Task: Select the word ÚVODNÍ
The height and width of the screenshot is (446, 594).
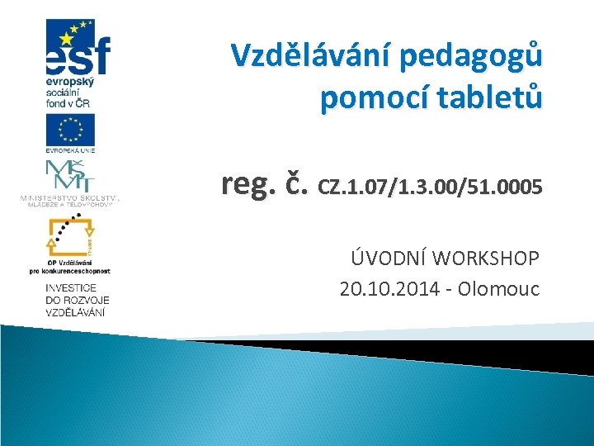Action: click(385, 259)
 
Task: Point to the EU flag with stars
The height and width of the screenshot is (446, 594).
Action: click(70, 130)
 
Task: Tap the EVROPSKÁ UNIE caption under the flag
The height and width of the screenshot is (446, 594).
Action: click(70, 150)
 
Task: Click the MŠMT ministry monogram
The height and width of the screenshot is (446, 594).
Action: click(69, 176)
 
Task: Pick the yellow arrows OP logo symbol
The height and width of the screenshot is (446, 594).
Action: click(70, 235)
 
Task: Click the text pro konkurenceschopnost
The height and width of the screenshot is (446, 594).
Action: click(70, 270)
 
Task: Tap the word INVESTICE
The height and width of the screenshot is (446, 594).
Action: click(72, 287)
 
